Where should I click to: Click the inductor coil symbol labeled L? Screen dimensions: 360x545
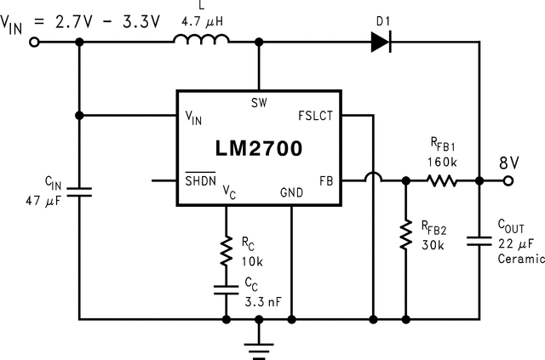coord(201,39)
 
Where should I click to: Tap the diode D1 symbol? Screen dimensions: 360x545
coord(381,41)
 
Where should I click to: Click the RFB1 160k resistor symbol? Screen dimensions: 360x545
coord(442,180)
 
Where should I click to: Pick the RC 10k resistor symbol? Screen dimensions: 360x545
coord(227,251)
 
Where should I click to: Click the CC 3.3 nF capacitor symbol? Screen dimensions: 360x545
coord(227,289)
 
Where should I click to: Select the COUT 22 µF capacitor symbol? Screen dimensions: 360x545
coord(479,243)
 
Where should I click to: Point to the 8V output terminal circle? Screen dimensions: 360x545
coord(509,180)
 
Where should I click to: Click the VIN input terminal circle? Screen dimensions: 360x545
coord(34,40)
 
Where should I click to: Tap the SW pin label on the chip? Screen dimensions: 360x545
coord(259,103)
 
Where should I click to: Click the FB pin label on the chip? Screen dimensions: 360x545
coord(325,180)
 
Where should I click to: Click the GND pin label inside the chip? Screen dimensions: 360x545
coord(291,193)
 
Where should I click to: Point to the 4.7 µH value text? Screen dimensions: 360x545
coord(202,13)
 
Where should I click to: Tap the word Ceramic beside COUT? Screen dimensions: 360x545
coord(520,259)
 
